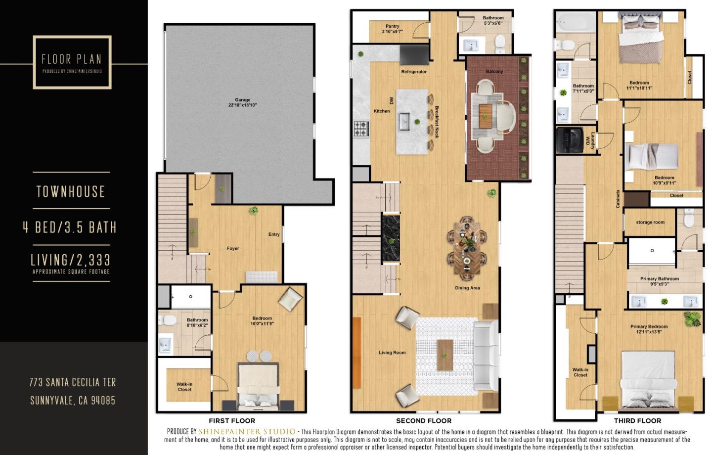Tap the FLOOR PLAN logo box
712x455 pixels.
coord(72,62)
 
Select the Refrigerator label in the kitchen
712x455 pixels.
coord(414,72)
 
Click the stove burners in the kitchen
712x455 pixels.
coord(360,129)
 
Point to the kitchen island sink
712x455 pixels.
coord(405,120)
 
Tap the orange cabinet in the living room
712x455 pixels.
coord(356,352)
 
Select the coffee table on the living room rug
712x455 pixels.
coord(445,354)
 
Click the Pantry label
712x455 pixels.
coord(392,29)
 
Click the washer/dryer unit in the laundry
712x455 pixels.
coord(570,140)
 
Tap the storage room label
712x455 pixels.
coord(650,223)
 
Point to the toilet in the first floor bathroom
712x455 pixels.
coord(168,320)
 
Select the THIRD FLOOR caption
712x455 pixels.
coord(637,421)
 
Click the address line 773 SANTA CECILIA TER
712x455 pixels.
coord(73,382)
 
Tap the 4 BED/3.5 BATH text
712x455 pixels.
coord(70,227)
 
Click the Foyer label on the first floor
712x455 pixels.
coord(233,249)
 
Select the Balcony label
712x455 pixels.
coord(494,72)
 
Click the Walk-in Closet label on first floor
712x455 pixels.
coord(184,387)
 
